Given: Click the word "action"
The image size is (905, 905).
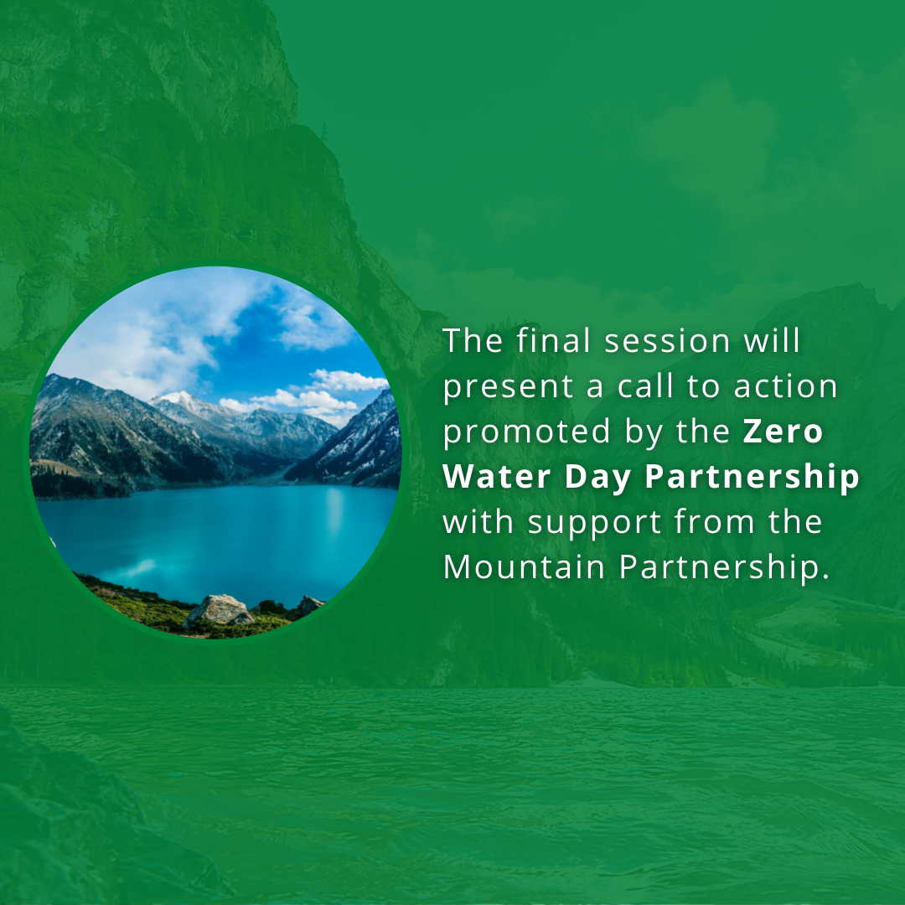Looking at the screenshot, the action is [x=785, y=386].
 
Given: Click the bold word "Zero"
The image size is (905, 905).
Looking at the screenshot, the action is [x=783, y=432].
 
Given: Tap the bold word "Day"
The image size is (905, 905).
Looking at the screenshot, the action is [x=597, y=478].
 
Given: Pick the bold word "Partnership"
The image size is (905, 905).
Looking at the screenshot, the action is [x=752, y=478].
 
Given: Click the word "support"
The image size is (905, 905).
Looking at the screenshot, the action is [x=594, y=524].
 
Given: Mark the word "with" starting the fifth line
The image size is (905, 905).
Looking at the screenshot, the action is [x=478, y=522].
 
